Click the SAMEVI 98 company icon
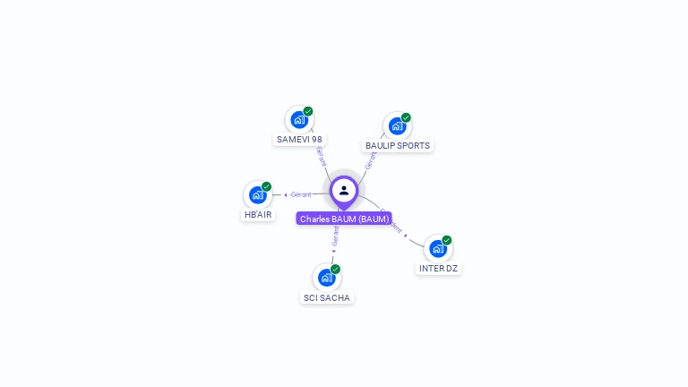click(299, 120)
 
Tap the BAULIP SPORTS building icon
click(397, 126)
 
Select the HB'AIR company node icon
click(258, 195)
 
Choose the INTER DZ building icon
click(438, 249)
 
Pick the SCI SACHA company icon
click(327, 278)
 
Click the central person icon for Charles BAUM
click(344, 190)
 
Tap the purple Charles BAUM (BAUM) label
click(344, 219)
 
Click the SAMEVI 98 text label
click(299, 140)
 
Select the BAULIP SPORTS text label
click(398, 145)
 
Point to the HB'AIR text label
click(258, 215)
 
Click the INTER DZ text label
click(438, 269)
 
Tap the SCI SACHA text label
click(327, 297)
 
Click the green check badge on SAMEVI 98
click(308, 111)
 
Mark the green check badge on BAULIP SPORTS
click(406, 117)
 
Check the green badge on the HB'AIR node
click(266, 186)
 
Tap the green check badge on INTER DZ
click(447, 240)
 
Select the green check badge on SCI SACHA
click(335, 269)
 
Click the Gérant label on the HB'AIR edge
click(301, 194)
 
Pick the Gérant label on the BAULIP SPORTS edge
click(371, 160)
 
